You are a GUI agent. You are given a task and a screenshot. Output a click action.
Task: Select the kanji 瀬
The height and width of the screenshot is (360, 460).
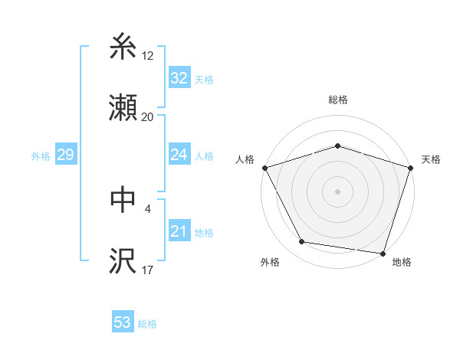(123, 109)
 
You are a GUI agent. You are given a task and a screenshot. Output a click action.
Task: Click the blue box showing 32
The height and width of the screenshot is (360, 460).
(179, 78)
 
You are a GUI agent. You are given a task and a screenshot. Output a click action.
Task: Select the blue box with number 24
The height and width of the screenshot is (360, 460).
(179, 155)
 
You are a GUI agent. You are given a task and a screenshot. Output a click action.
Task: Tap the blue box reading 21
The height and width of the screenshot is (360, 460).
(179, 231)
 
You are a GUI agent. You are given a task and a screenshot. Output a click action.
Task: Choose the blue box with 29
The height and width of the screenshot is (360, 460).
(65, 155)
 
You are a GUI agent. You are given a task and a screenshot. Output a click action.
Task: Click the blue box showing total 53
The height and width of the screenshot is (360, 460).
(123, 322)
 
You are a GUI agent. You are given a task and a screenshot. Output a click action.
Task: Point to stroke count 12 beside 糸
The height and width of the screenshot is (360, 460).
(147, 55)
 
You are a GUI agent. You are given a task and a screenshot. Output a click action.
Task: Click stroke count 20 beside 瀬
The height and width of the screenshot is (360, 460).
(147, 117)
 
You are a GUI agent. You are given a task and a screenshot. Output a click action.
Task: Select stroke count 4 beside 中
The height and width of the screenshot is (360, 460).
(147, 207)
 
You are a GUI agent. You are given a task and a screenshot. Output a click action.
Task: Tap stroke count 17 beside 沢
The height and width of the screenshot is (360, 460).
(147, 270)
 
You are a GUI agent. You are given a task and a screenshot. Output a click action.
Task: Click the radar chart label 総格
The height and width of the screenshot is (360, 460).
(337, 100)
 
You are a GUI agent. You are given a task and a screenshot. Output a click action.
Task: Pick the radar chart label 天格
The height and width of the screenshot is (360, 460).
(431, 159)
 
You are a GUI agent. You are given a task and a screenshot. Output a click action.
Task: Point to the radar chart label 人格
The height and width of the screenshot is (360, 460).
(245, 159)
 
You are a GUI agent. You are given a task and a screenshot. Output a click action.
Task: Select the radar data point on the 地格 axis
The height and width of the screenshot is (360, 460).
(383, 253)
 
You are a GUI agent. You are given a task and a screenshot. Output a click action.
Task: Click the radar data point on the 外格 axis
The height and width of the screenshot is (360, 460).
(303, 242)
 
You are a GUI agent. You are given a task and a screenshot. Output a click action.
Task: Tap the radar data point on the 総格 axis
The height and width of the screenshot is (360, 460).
(337, 146)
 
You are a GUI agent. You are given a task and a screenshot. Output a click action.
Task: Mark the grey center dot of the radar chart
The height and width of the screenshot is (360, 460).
(337, 191)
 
